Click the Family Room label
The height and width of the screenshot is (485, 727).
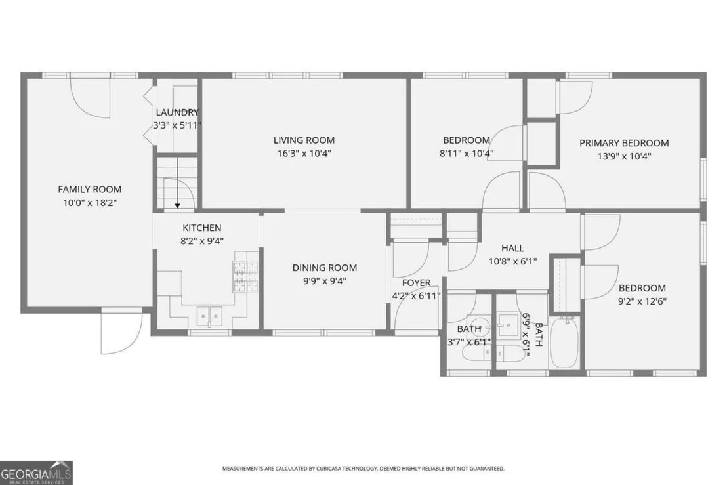tap(89, 189)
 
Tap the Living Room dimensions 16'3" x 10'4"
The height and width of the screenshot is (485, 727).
tap(304, 154)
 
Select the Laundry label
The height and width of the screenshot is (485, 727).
tap(177, 112)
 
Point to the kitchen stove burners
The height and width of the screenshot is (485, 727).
tap(246, 276)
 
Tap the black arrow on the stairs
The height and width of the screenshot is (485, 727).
tap(177, 206)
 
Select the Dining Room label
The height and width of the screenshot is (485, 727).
tap(325, 268)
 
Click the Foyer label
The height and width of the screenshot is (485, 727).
tap(417, 283)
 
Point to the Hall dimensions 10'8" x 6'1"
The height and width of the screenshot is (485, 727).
tap(513, 261)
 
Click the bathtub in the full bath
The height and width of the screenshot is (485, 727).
tap(564, 343)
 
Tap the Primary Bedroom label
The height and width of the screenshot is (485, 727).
tap(624, 143)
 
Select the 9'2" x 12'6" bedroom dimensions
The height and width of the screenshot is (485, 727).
tap(642, 301)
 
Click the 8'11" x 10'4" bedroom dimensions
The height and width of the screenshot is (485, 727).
tap(467, 154)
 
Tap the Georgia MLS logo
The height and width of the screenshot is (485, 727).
tap(36, 473)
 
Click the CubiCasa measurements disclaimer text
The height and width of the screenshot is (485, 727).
tap(363, 469)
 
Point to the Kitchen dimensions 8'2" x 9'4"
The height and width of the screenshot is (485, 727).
tap(202, 241)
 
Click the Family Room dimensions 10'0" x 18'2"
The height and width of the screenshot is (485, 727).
tap(90, 203)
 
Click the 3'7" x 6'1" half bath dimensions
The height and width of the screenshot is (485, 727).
tap(469, 343)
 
